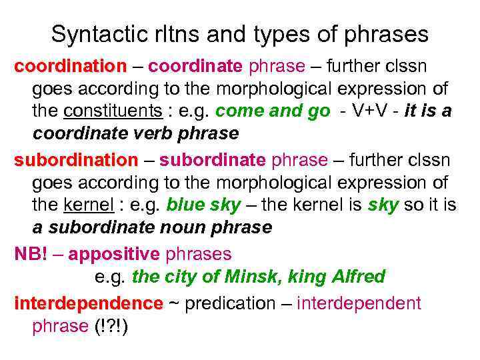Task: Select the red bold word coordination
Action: [x=70, y=67]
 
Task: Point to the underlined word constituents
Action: [x=113, y=111]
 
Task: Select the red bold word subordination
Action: [x=75, y=161]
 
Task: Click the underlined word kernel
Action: [x=89, y=205]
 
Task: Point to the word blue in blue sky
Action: [x=185, y=205]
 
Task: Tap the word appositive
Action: [x=114, y=254]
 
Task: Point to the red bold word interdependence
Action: [x=88, y=304]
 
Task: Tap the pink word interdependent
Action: [x=359, y=304]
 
